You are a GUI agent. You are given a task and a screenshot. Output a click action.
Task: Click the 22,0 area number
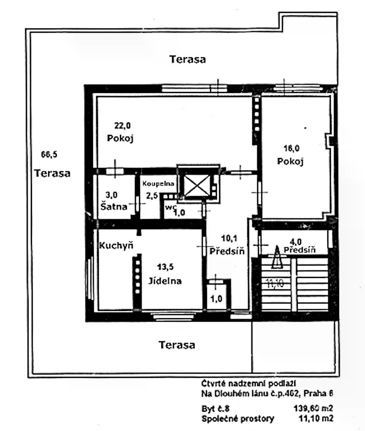click(123, 126)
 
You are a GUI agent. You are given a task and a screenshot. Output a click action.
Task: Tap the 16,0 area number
click(292, 148)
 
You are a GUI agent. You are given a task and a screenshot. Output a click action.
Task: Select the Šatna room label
click(114, 207)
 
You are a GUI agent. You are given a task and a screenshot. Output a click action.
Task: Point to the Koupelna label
click(158, 184)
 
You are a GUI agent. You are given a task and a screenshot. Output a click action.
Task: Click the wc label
click(171, 207)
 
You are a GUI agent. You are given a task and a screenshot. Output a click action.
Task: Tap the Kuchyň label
click(116, 245)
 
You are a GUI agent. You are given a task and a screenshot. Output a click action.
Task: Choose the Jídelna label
click(165, 281)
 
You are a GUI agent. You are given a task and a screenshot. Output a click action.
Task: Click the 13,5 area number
click(165, 267)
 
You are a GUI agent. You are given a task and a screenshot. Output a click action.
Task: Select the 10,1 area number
click(229, 238)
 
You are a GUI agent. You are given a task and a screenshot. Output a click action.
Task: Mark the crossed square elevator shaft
click(197, 186)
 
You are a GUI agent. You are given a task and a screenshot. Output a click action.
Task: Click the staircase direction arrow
click(277, 257)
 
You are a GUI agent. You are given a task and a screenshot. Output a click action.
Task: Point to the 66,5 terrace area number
click(49, 154)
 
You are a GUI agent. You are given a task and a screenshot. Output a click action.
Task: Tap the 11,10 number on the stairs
click(275, 283)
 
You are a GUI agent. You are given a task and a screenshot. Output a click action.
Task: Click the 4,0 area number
click(296, 242)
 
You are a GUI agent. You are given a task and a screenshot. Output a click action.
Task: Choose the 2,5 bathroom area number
click(152, 196)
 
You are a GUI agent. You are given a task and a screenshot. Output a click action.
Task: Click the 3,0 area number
click(111, 195)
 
